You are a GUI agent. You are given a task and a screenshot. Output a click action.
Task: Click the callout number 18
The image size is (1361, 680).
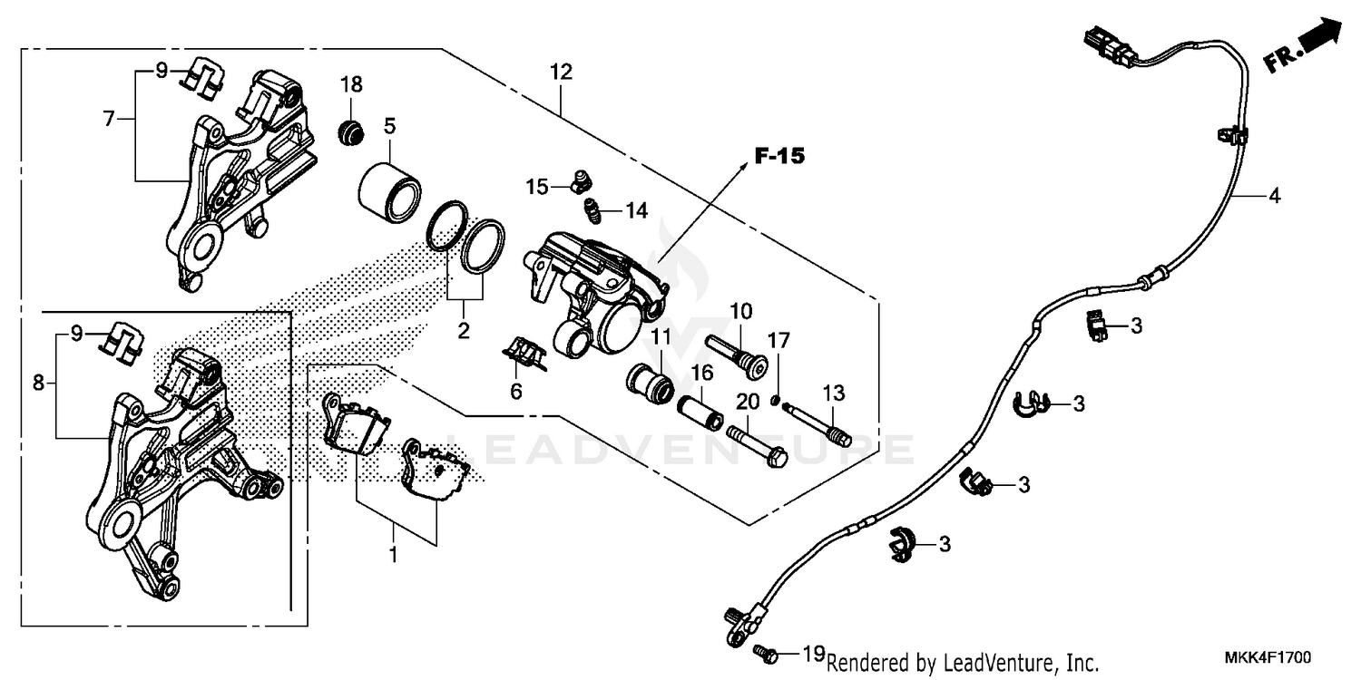(x=351, y=85)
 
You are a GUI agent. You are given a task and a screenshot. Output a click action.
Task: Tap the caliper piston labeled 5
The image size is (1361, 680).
(x=388, y=190)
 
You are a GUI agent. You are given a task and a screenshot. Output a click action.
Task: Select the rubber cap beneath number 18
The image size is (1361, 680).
(x=350, y=133)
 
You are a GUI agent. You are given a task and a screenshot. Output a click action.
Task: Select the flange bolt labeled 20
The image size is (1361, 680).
(x=755, y=447)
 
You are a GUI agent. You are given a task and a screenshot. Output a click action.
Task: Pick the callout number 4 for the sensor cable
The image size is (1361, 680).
(x=1275, y=196)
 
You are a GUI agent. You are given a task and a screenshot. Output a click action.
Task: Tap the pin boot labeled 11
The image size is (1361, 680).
(x=650, y=383)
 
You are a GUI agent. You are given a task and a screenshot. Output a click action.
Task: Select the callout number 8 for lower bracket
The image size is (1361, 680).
(x=38, y=383)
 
